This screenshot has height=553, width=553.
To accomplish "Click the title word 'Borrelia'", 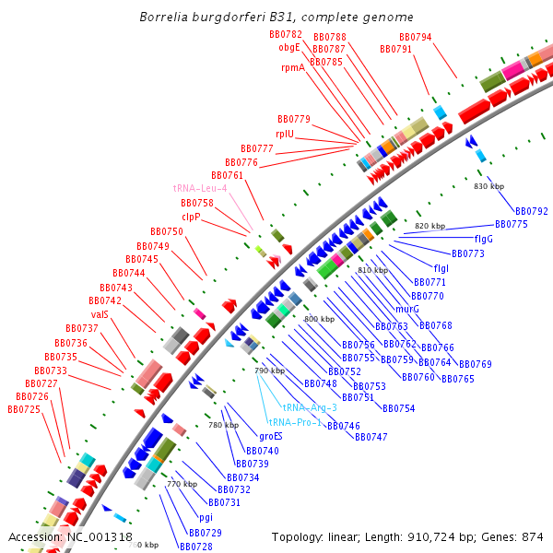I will tap(165, 18).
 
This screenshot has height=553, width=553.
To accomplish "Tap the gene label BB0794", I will tap(416, 38).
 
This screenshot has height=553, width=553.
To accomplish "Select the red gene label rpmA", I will tap(293, 67).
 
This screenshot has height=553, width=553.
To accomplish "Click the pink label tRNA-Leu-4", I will tap(200, 188).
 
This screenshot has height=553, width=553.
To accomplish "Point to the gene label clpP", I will tap(191, 218).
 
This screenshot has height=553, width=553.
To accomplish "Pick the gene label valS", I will tap(100, 314).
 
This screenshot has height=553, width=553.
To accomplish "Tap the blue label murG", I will tap(407, 310).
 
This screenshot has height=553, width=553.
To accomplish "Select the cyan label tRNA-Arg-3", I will tap(310, 407).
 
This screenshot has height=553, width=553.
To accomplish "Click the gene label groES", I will tap(271, 436).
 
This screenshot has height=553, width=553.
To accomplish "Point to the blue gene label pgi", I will tap(206, 517).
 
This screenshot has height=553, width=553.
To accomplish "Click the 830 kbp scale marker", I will tap(488, 187).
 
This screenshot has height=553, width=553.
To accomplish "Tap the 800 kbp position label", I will tap(319, 319).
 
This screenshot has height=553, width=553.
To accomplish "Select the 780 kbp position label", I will tap(223, 425).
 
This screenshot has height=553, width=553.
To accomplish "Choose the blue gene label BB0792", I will tap(532, 211).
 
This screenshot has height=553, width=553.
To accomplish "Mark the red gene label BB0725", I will tap(24, 409).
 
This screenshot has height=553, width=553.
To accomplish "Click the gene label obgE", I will tap(289, 47).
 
